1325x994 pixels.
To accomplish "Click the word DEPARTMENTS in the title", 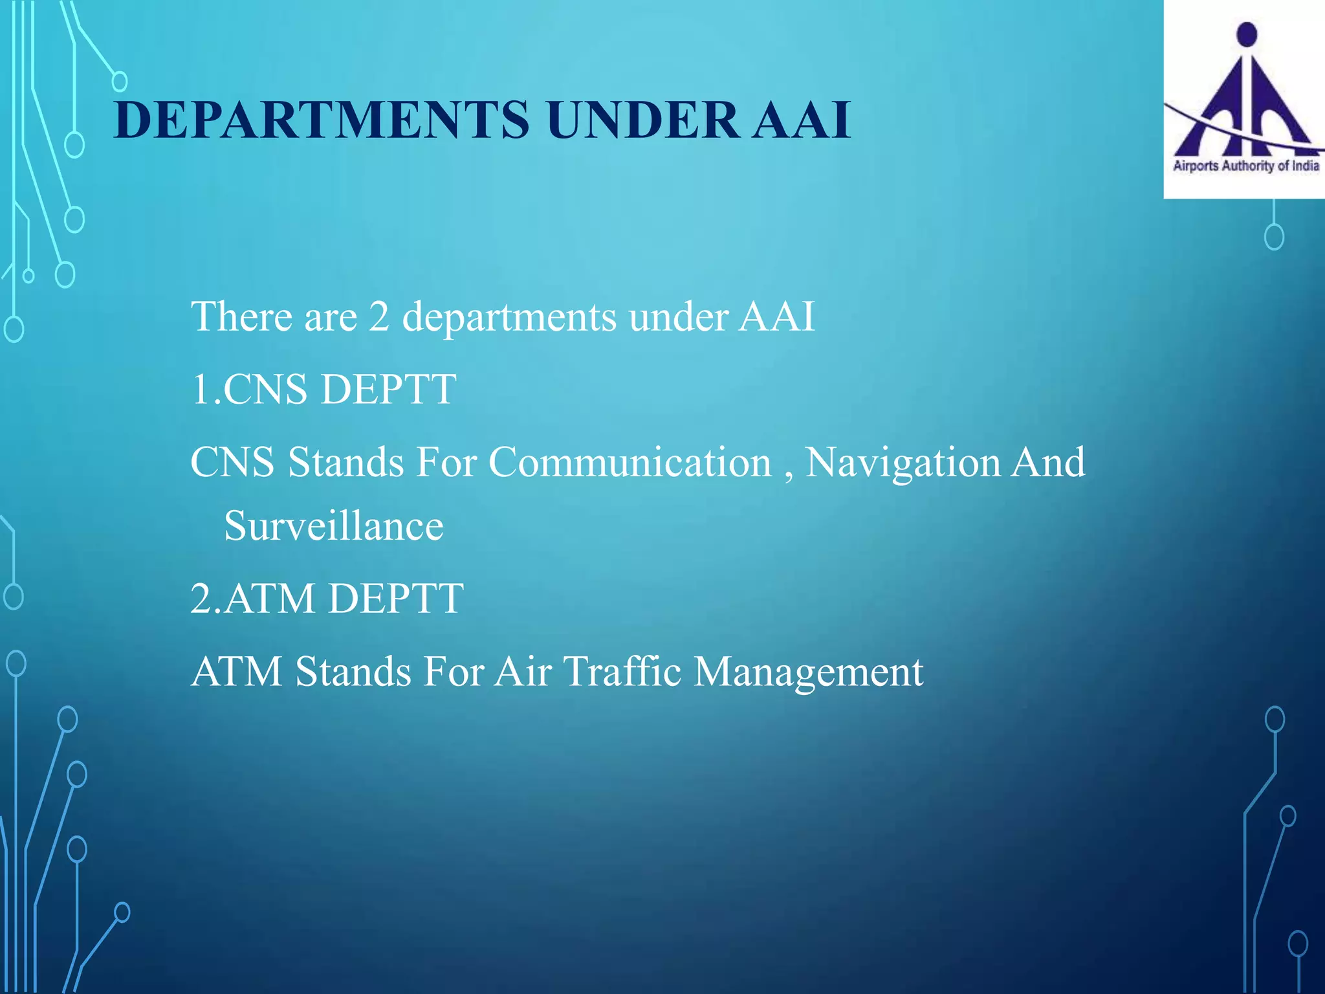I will [322, 120].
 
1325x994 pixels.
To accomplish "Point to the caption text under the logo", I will [1245, 166].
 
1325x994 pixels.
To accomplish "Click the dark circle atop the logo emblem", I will [1246, 33].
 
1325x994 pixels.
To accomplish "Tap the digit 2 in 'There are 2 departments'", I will [379, 317].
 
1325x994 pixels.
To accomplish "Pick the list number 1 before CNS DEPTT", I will [201, 390].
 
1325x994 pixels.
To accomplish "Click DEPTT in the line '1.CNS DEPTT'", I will [388, 390].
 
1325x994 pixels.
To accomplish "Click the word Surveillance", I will [333, 525].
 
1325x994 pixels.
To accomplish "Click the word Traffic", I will [622, 671].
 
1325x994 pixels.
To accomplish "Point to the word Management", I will [808, 672].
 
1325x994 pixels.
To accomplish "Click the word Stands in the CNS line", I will [346, 463].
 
